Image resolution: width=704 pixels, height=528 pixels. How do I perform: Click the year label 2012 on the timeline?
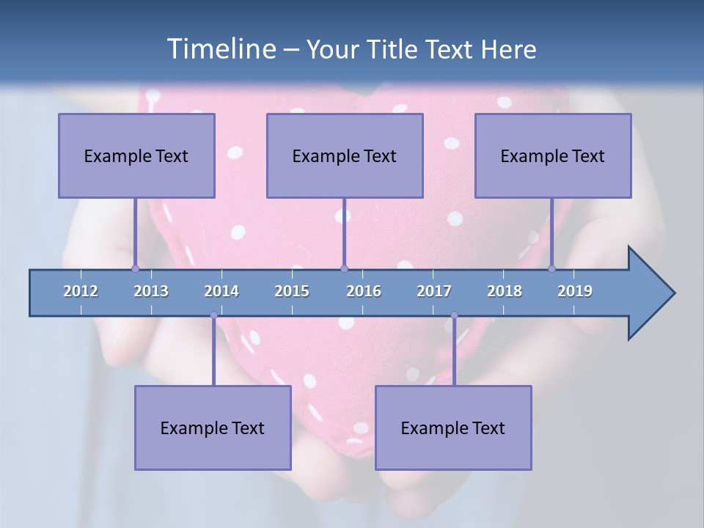[x=81, y=291]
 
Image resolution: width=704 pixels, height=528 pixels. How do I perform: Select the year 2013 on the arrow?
[x=151, y=291]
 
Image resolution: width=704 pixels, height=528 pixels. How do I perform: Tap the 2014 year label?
[x=221, y=291]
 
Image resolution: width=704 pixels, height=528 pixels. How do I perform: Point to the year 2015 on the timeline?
[x=292, y=291]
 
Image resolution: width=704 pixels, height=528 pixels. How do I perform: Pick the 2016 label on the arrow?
[x=364, y=291]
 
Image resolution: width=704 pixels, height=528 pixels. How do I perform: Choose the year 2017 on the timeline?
[x=434, y=291]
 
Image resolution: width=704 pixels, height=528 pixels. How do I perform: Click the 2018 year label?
[x=505, y=291]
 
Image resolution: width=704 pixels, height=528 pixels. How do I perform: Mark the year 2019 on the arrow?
[x=575, y=291]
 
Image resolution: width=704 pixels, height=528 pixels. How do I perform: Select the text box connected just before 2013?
[x=136, y=155]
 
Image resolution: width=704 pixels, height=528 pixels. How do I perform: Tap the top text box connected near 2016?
[x=345, y=155]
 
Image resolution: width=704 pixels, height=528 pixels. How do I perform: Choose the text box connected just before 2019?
[x=553, y=155]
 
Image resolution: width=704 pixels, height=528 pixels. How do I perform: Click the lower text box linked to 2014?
[x=213, y=428]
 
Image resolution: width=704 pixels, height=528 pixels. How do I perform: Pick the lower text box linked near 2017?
[x=453, y=428]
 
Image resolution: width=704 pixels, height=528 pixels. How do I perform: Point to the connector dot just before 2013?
[x=135, y=268]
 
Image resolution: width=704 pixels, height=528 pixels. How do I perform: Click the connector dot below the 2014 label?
[x=213, y=315]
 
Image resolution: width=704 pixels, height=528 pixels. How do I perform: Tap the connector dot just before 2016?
[x=344, y=268]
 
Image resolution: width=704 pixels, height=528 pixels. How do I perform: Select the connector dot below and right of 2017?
[x=454, y=315]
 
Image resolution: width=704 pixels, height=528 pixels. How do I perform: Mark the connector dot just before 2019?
[x=551, y=268]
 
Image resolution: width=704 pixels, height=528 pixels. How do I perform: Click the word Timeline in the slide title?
[x=221, y=48]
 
